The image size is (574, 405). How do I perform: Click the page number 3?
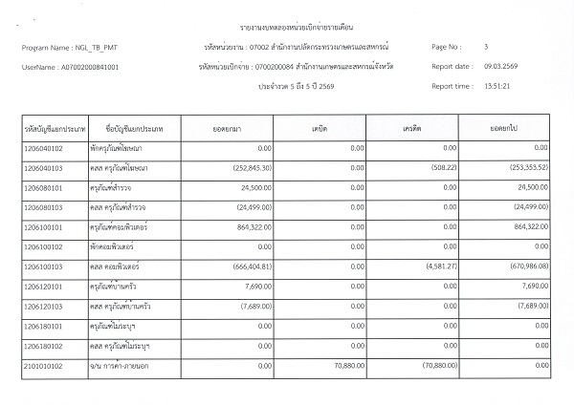[487, 47]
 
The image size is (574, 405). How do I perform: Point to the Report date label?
[452, 66]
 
